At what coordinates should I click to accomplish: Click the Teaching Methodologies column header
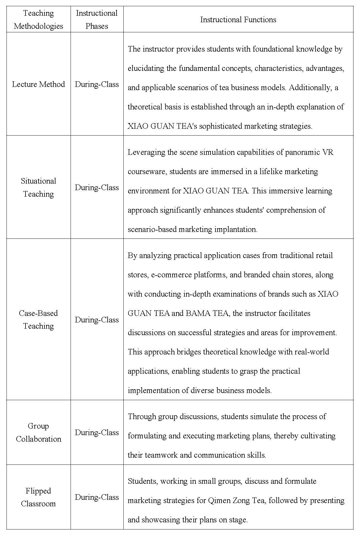[x=39, y=20]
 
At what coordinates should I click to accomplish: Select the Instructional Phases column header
[x=97, y=20]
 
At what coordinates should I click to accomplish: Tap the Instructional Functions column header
[x=238, y=20]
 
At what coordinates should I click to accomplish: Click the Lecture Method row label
[x=39, y=84]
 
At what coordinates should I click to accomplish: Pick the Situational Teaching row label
[x=39, y=187]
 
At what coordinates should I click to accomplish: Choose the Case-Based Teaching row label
[x=39, y=319]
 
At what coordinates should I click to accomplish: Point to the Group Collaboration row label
[x=39, y=432]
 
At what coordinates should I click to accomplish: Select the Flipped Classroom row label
[x=39, y=497]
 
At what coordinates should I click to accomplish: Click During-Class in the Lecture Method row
[x=97, y=84]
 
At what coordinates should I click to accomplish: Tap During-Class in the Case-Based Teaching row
[x=97, y=320]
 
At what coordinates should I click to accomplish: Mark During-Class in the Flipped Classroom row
[x=97, y=497]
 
